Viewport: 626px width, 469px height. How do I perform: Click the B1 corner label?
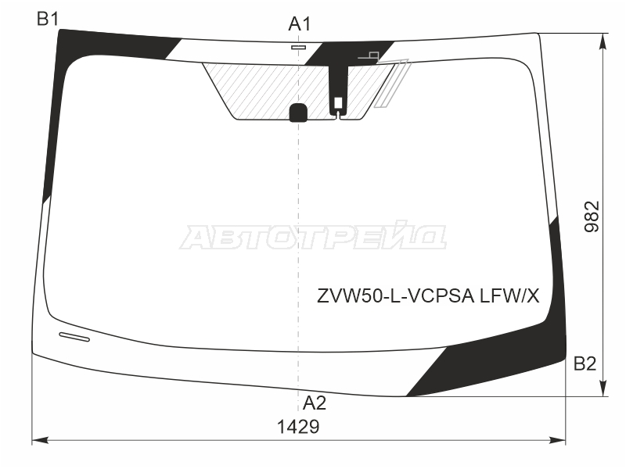click(x=48, y=19)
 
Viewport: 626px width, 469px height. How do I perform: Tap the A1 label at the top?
click(x=300, y=24)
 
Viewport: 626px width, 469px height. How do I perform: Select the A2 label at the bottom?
click(x=315, y=403)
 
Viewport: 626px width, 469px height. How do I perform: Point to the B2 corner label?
click(x=585, y=363)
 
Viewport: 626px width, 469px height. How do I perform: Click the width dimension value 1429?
click(x=298, y=427)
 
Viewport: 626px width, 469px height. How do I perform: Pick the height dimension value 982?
click(x=592, y=217)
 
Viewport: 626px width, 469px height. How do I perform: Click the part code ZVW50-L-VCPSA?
click(x=395, y=296)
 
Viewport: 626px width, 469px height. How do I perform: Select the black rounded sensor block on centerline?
click(x=298, y=113)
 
